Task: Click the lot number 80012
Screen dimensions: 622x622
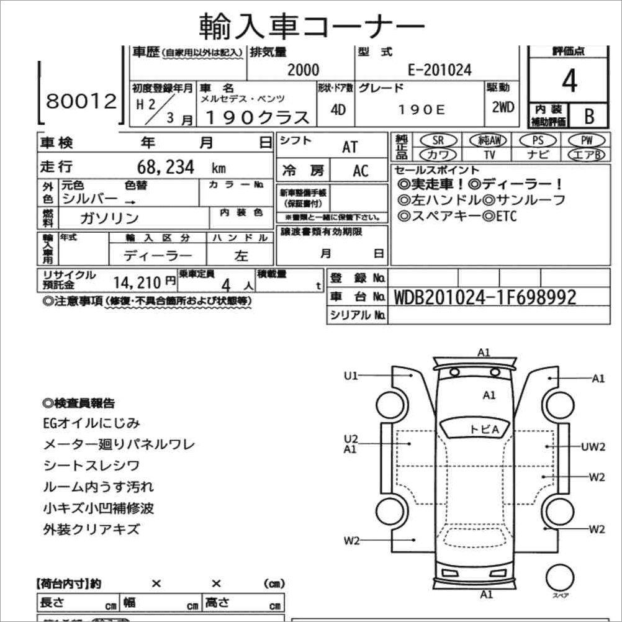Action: tap(81, 101)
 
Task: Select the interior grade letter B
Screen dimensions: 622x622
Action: tap(588, 115)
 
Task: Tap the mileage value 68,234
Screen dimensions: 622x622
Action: tap(166, 167)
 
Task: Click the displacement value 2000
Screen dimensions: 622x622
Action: tap(304, 70)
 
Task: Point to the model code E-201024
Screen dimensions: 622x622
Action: tap(439, 70)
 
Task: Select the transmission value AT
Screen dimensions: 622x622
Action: tap(350, 147)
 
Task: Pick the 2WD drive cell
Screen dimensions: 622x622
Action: tap(503, 107)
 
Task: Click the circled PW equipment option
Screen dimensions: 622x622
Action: tap(584, 141)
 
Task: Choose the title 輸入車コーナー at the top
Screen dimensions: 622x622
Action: tap(312, 25)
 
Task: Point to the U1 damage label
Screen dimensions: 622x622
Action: tap(351, 375)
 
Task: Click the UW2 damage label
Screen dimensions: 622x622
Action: tap(593, 446)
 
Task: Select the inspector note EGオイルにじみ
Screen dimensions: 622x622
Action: tap(91, 423)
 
